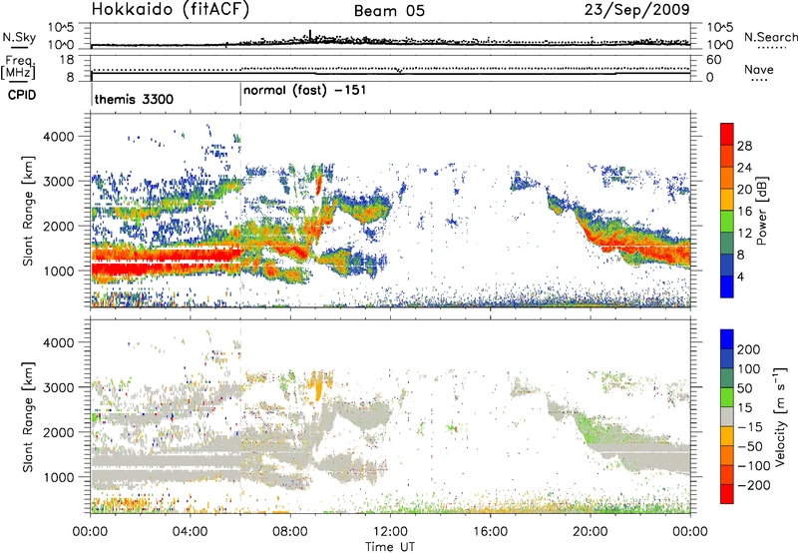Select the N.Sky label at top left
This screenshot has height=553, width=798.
pyautogui.click(x=17, y=37)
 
